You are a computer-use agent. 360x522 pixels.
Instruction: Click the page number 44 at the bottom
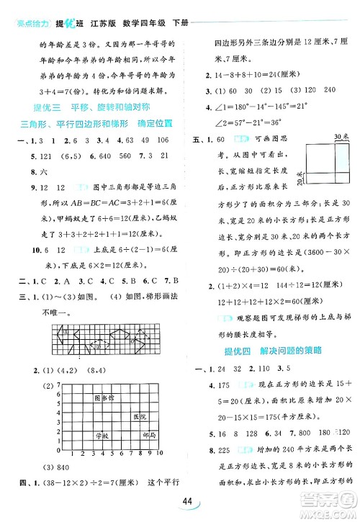(189, 502)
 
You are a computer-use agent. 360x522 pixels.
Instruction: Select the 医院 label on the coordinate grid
(139, 417)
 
